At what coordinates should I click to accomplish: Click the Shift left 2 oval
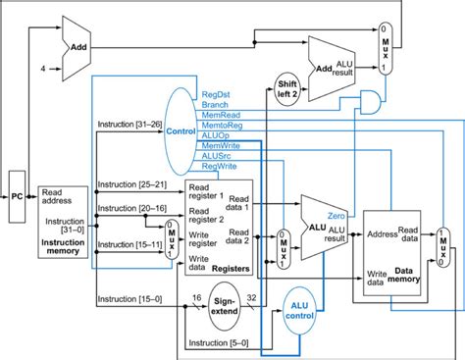(x=288, y=88)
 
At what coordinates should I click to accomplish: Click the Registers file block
(x=218, y=228)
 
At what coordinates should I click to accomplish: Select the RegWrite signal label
(x=219, y=167)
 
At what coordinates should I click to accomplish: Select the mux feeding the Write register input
(x=168, y=236)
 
